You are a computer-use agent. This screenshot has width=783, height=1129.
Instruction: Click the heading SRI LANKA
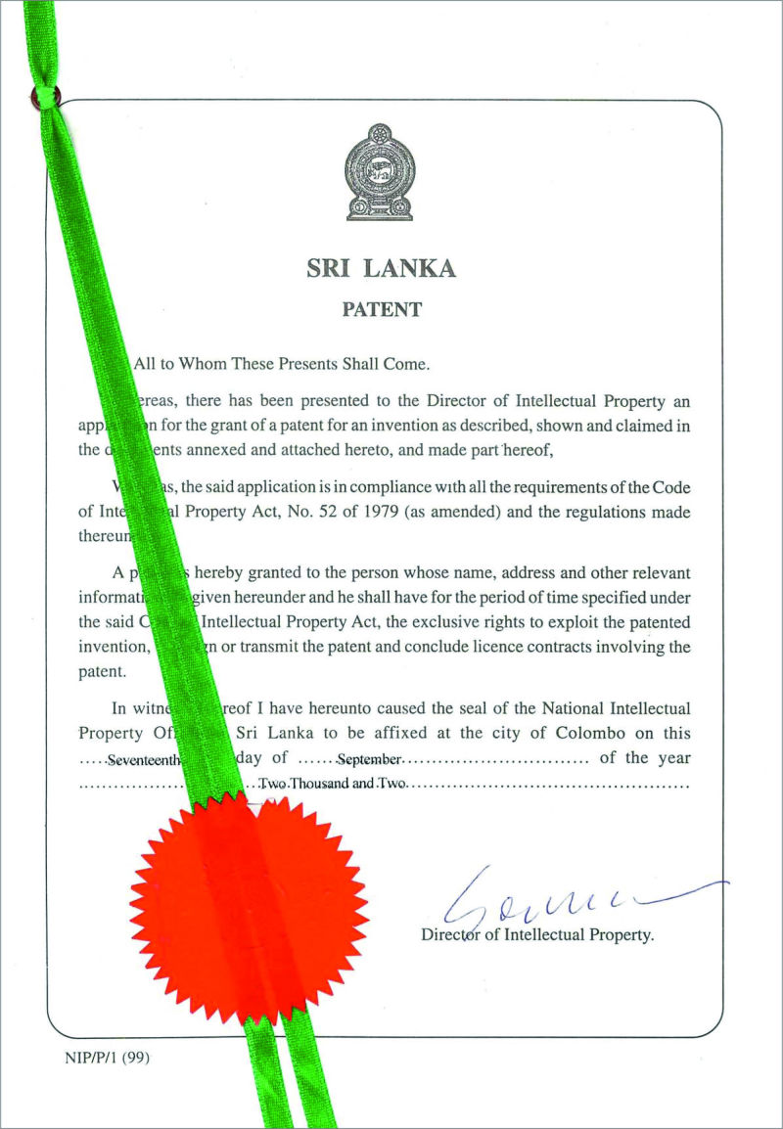click(382, 268)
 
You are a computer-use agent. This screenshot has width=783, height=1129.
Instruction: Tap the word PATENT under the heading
click(382, 310)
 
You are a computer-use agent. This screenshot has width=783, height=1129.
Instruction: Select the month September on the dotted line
click(369, 760)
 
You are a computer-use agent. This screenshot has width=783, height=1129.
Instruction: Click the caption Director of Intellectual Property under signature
click(536, 934)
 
